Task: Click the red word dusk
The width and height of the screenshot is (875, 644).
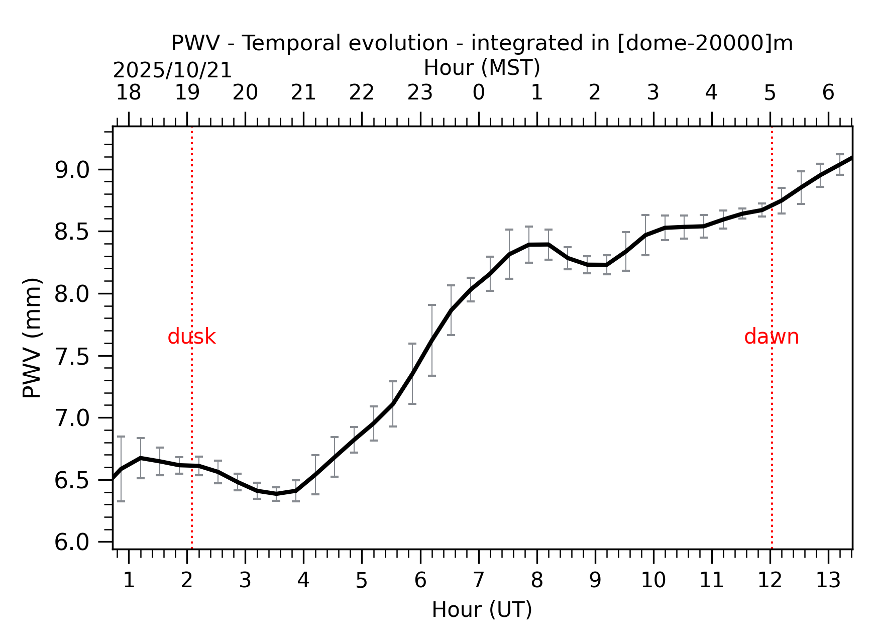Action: [191, 337]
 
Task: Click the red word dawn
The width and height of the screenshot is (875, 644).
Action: [771, 337]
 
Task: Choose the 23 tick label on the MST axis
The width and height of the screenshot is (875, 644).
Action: [420, 93]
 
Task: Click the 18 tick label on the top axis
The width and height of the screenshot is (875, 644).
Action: [129, 93]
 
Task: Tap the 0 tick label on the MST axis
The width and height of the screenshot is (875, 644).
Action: [479, 93]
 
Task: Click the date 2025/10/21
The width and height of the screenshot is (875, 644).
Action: [172, 71]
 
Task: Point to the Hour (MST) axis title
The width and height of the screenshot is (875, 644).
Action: [482, 68]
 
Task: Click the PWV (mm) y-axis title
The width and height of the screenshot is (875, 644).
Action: [32, 338]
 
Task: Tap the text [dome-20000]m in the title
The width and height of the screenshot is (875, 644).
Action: [705, 44]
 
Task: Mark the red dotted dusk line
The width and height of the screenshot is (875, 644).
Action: [192, 427]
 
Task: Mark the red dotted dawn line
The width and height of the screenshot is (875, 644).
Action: [772, 427]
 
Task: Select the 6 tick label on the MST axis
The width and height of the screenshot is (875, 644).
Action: [828, 93]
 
